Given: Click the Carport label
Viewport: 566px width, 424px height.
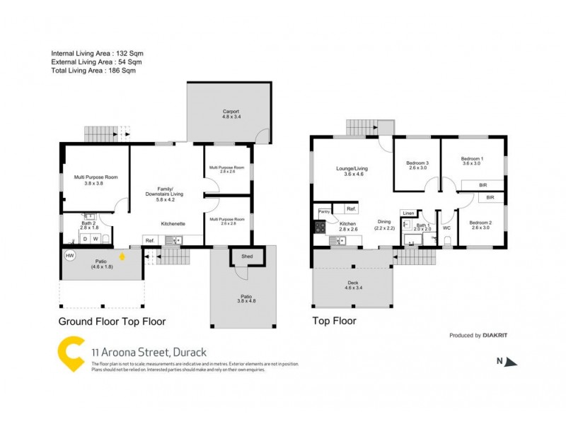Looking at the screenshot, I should (231, 112).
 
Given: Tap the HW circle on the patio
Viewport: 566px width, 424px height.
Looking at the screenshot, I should (69, 256).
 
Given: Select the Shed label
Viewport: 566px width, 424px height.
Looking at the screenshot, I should (247, 256).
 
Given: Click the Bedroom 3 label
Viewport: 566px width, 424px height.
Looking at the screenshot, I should (417, 165).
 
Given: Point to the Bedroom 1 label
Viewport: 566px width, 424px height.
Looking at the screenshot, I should (472, 159).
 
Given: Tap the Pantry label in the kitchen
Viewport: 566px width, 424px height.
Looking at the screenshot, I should (324, 211).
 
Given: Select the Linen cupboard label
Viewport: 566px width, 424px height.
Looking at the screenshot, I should (408, 213).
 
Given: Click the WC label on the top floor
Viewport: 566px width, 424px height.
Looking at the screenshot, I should (446, 228).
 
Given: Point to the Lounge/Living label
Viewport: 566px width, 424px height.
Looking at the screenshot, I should (351, 169).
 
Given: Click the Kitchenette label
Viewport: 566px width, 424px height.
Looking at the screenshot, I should (173, 223).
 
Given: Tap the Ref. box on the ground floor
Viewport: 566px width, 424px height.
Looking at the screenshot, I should (150, 241).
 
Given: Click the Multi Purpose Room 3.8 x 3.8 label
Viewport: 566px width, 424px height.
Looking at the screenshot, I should (96, 179).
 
